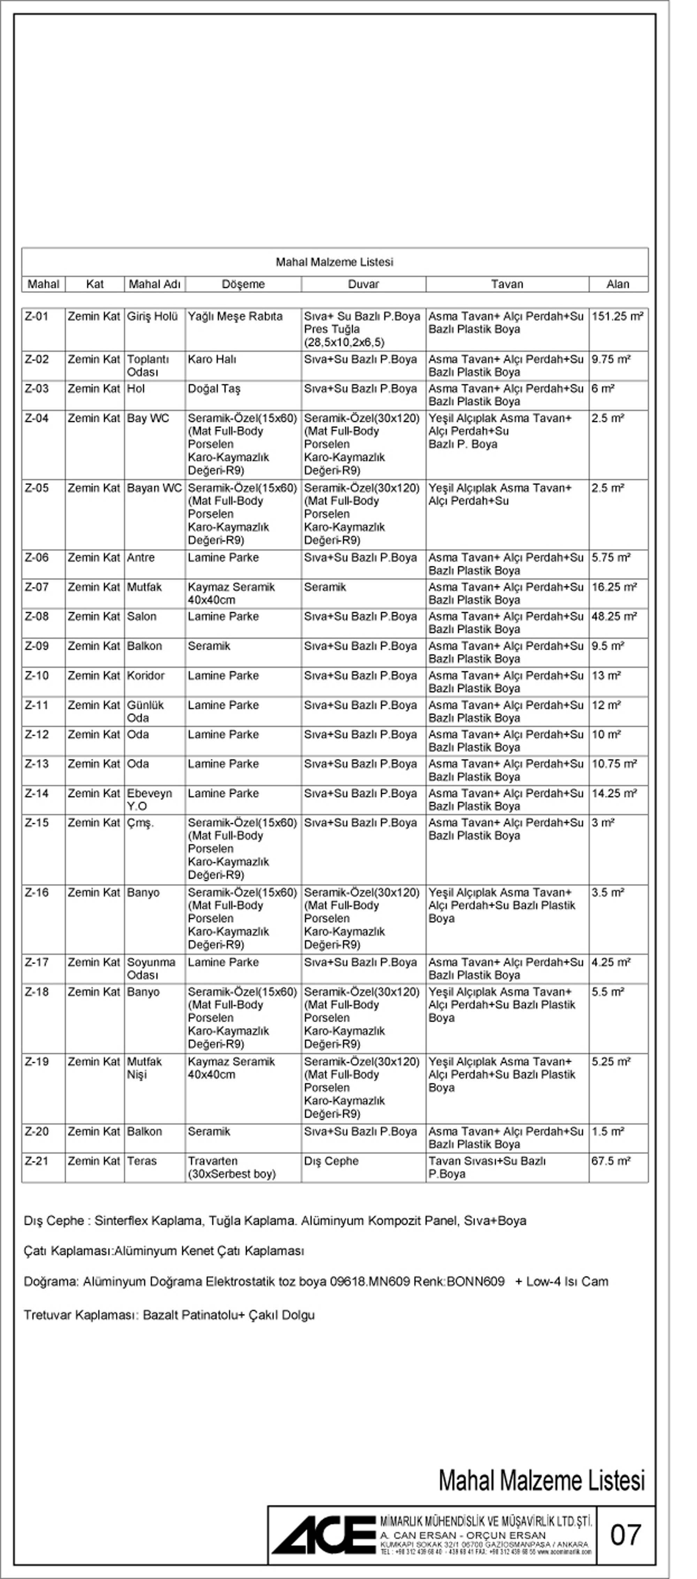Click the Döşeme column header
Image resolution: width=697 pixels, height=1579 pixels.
pos(243,284)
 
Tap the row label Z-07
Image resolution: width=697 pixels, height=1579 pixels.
pos(37,587)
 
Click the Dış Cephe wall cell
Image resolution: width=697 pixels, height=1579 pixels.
pos(331,1161)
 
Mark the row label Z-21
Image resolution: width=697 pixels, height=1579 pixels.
pos(37,1161)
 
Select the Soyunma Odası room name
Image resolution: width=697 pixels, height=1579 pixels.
pos(151,969)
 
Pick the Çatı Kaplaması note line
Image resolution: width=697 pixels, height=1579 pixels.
pos(164,1251)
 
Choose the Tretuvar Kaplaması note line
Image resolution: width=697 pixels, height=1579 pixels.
pos(169,1315)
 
